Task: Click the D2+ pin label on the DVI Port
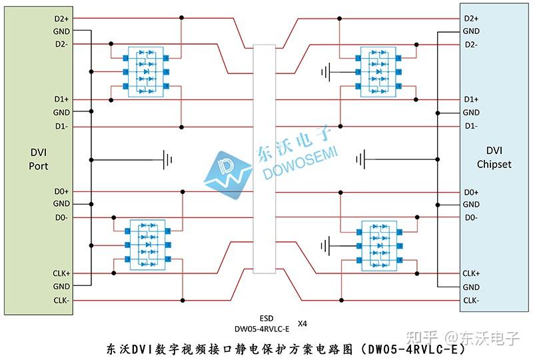click(62, 18)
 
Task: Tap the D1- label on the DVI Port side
click(62, 126)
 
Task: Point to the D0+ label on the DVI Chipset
click(470, 192)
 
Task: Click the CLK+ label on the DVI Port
click(62, 273)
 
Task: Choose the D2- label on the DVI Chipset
click(470, 44)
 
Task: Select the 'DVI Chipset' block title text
click(494, 157)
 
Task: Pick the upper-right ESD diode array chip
click(377, 69)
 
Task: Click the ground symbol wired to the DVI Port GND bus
click(168, 159)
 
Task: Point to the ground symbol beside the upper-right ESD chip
click(325, 71)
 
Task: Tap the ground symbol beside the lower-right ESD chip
click(325, 246)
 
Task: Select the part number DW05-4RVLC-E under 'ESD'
click(262, 328)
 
